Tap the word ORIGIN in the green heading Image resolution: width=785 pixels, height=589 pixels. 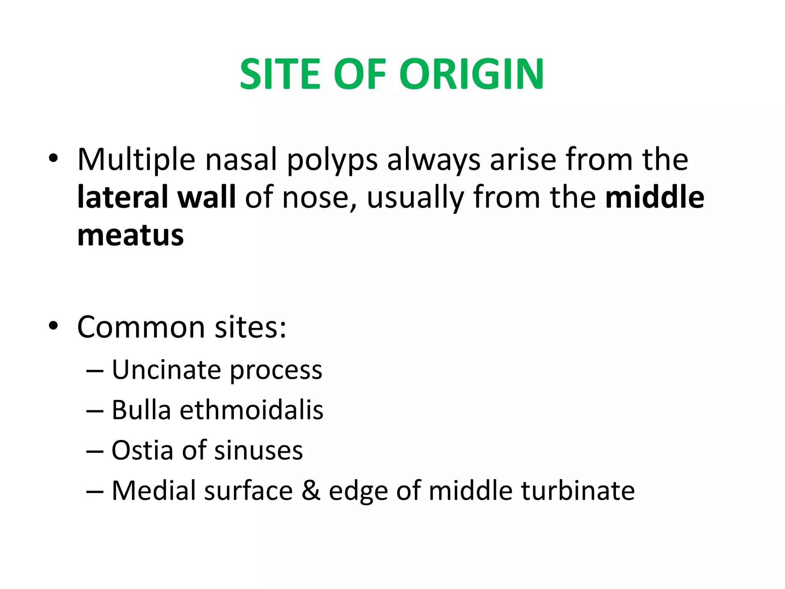[x=471, y=74]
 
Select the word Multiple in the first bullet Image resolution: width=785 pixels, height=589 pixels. [x=136, y=160]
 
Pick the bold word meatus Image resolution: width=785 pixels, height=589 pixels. [x=131, y=235]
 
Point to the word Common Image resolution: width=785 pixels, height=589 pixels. [x=141, y=327]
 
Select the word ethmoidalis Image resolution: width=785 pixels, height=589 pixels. [x=252, y=410]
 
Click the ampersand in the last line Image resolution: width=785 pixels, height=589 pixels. [x=311, y=491]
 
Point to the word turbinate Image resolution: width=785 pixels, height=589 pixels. [x=578, y=491]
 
